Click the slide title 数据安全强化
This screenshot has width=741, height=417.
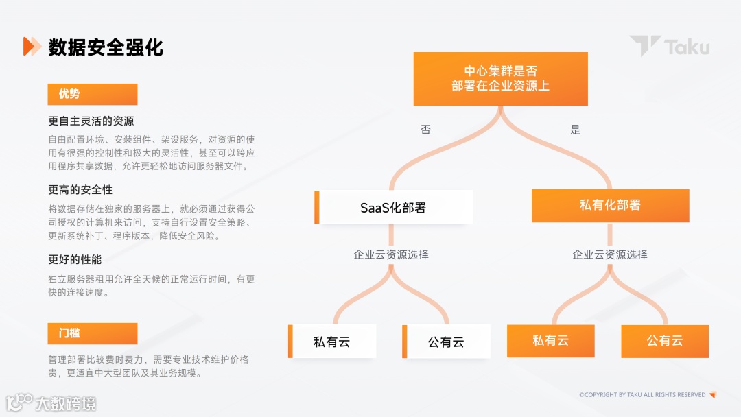[x=106, y=47]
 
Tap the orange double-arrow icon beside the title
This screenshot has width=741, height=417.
[x=32, y=47]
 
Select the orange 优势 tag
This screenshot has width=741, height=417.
[x=93, y=94]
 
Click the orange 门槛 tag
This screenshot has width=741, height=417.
[x=93, y=333]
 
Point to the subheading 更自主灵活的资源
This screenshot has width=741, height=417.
[x=91, y=121]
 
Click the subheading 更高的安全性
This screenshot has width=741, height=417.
[x=80, y=189]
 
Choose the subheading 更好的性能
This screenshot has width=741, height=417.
[x=75, y=260]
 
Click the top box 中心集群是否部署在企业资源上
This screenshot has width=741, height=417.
[x=500, y=78]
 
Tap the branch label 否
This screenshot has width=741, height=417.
[x=425, y=130]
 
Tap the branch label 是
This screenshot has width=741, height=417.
[x=575, y=130]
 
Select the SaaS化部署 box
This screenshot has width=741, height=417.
[x=394, y=207]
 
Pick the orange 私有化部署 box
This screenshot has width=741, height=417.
[x=610, y=205]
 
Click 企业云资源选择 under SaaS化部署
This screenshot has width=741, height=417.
[x=391, y=254]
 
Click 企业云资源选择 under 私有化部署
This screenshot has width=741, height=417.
[x=610, y=254]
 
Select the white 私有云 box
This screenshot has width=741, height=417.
[x=332, y=342]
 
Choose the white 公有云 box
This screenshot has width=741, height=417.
[x=446, y=342]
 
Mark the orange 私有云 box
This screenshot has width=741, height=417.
[x=550, y=341]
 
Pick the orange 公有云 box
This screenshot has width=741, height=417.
[x=665, y=341]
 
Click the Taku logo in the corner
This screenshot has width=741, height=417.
[x=670, y=47]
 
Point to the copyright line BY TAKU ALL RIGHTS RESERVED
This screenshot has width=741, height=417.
[x=642, y=395]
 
